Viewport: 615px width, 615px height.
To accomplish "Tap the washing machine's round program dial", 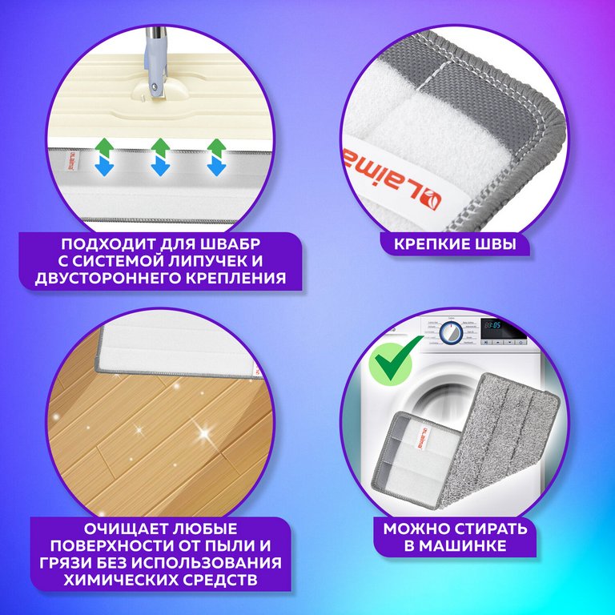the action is coord(452,333).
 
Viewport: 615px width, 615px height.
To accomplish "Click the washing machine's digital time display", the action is coord(492,325).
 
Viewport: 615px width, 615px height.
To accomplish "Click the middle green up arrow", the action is coord(160,147).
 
